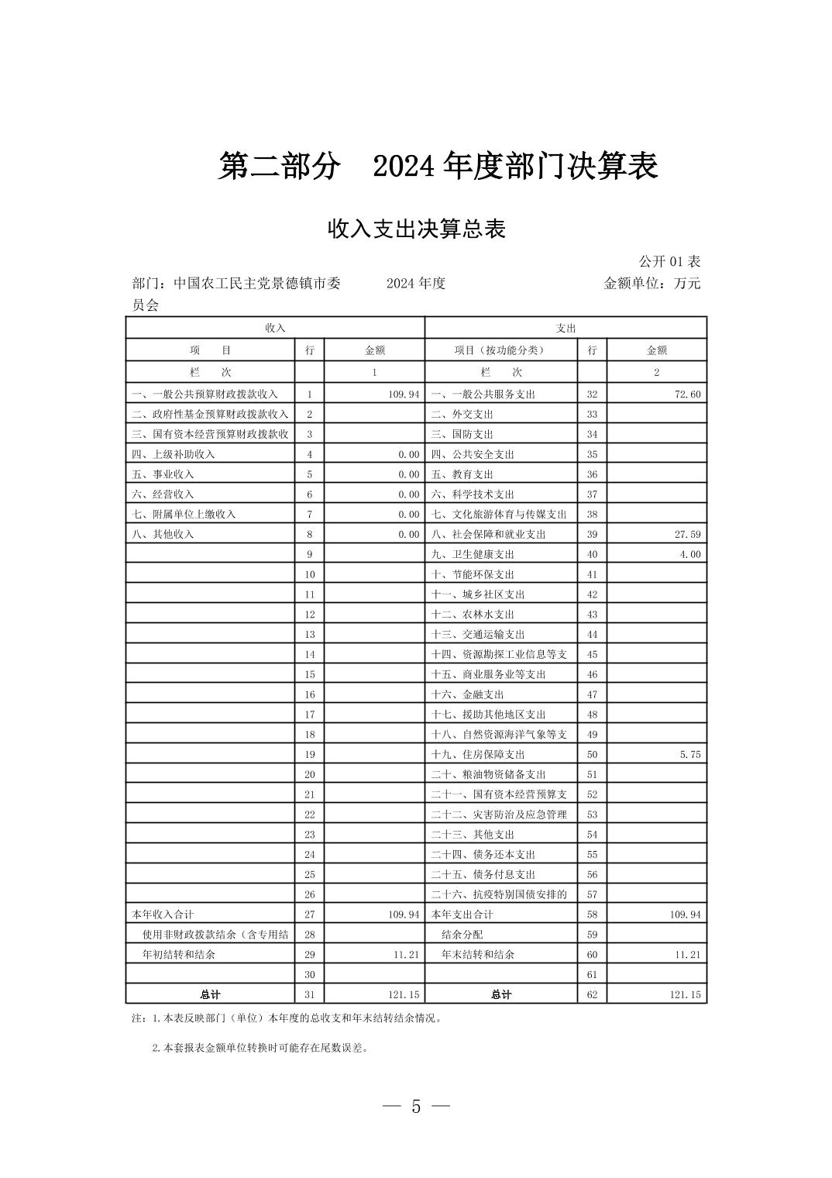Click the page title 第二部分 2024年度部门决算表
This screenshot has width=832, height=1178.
click(438, 167)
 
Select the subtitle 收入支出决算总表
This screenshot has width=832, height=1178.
click(416, 229)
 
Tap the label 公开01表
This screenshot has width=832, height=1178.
click(669, 262)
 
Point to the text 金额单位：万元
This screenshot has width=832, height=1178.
click(652, 284)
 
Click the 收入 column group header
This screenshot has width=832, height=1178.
click(275, 328)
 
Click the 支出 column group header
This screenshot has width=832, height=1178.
click(566, 328)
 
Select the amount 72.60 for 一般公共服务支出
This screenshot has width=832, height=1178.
click(687, 394)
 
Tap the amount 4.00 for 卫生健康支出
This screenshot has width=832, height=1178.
click(689, 555)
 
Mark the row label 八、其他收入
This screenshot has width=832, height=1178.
click(163, 535)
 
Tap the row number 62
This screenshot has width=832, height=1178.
click(592, 995)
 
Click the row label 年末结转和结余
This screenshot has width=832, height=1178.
click(478, 955)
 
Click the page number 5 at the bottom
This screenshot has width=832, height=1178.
click(416, 1107)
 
